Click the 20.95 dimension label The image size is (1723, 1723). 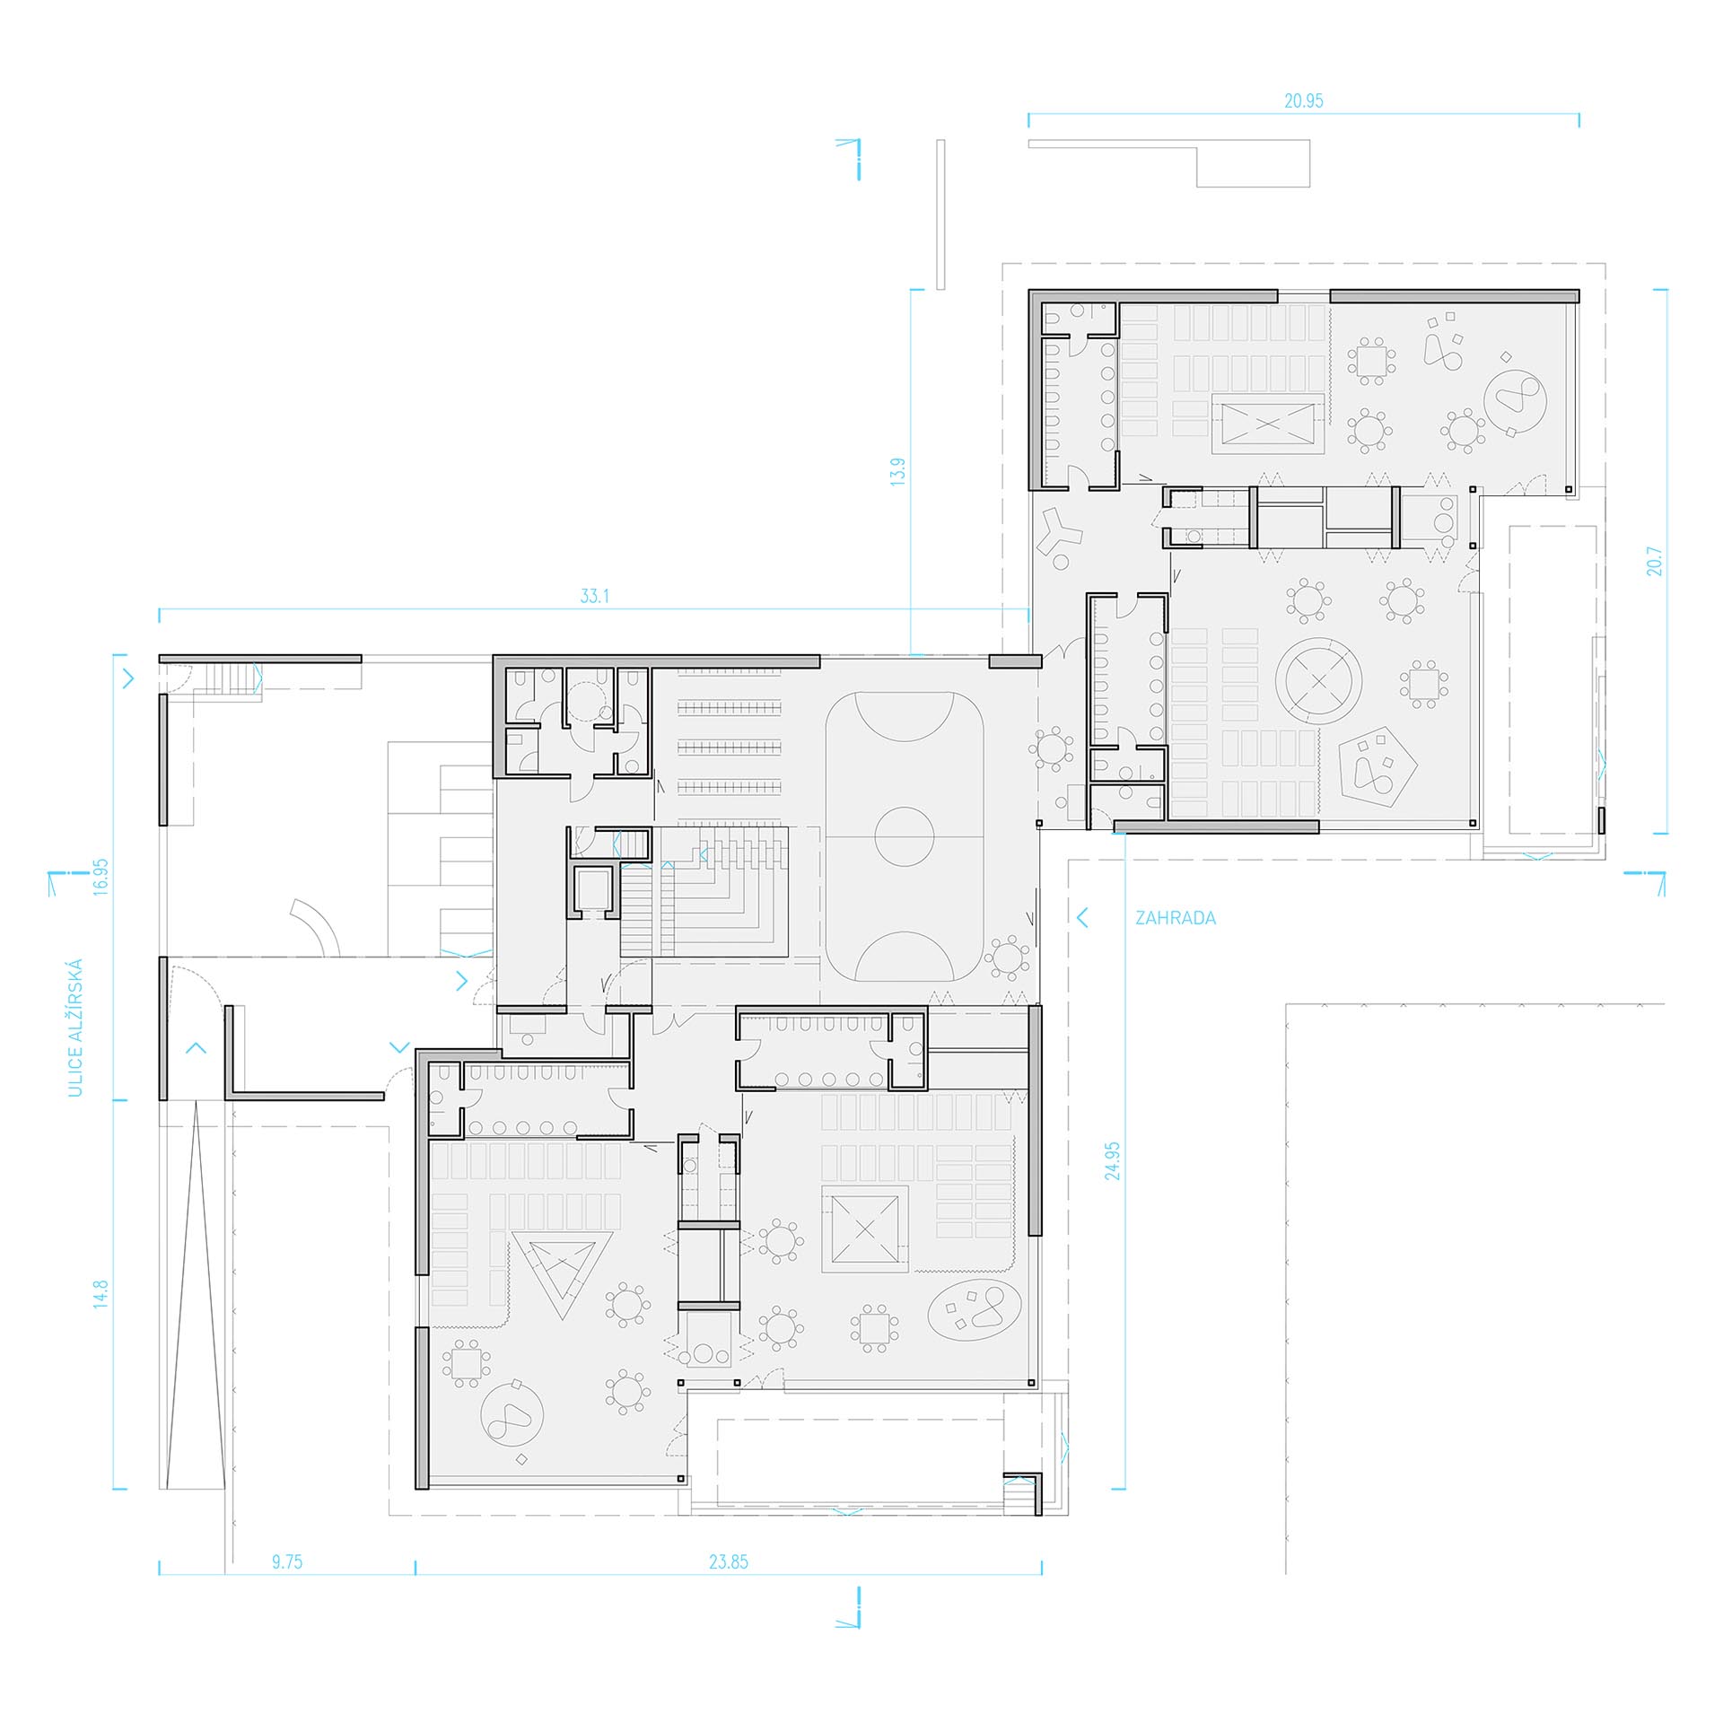[1303, 101]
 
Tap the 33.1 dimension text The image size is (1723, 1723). [595, 596]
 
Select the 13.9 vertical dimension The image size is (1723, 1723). [898, 472]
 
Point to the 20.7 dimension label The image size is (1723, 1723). [1656, 561]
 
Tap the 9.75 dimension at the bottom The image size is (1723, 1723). [287, 1562]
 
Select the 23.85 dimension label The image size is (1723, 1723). [729, 1562]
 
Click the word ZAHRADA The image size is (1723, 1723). [1176, 918]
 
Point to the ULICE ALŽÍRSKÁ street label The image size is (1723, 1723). [75, 1028]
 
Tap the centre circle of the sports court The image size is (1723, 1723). [904, 836]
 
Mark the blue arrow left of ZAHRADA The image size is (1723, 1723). [1082, 917]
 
